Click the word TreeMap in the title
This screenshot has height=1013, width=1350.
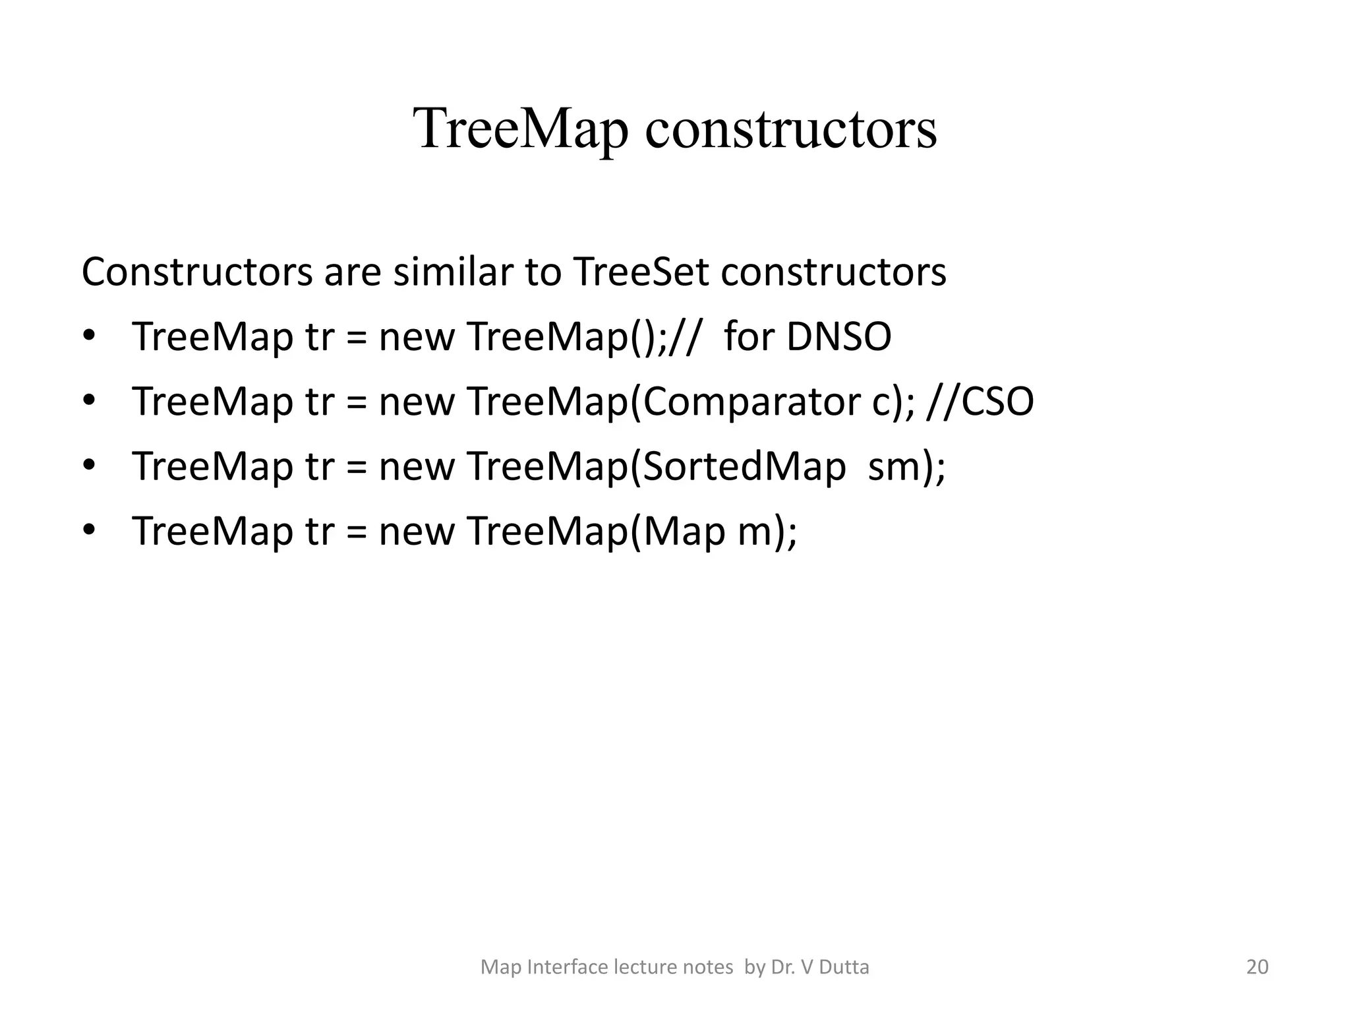[521, 129]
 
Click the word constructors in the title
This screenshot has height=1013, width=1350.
[790, 129]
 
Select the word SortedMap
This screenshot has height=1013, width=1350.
[744, 466]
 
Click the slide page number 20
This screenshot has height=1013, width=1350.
[1257, 967]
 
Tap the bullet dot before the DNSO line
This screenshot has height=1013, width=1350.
[89, 336]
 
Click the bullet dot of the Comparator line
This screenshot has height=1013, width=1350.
[89, 401]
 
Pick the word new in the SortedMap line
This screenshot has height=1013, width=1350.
[416, 466]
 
